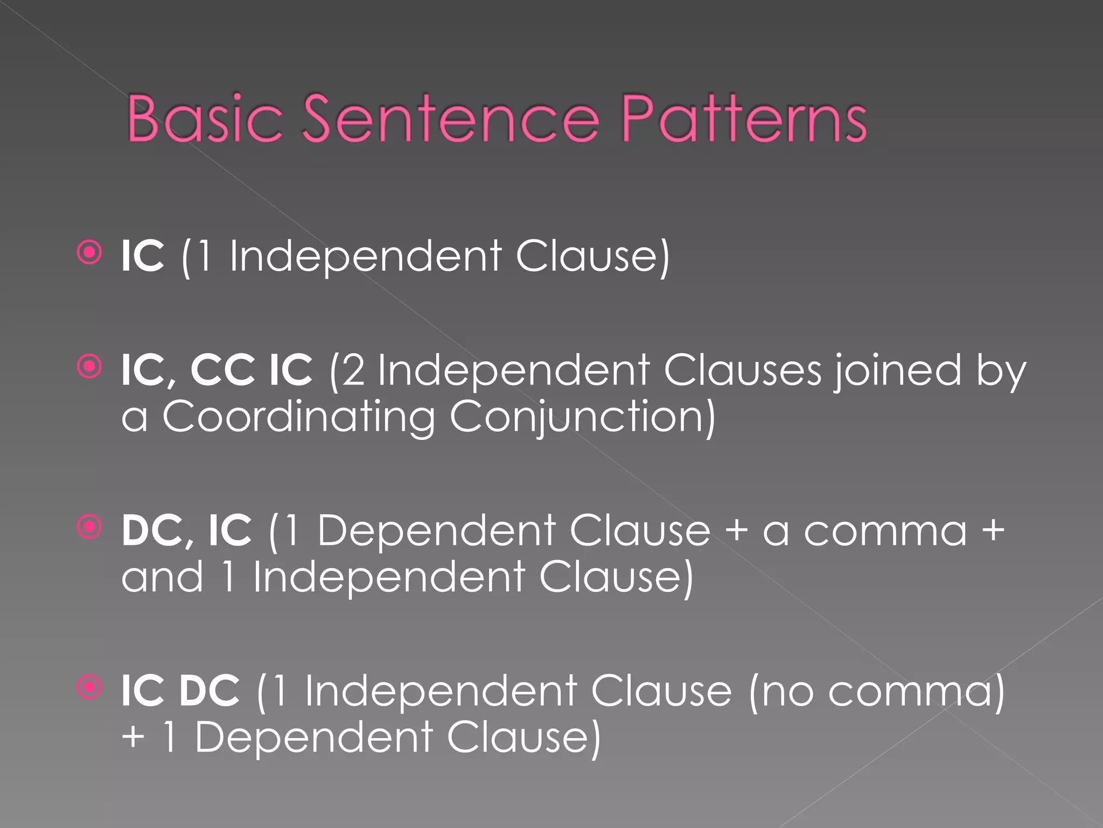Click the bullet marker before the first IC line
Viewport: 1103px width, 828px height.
click(89, 252)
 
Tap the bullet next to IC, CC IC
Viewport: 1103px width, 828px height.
click(89, 367)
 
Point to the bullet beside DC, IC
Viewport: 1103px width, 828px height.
click(89, 527)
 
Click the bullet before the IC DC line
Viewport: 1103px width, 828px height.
click(89, 687)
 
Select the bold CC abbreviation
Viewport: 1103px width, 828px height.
click(222, 370)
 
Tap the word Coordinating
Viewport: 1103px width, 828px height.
click(299, 417)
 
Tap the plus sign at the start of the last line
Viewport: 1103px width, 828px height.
click(133, 737)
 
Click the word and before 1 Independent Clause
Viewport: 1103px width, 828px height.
click(162, 577)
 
